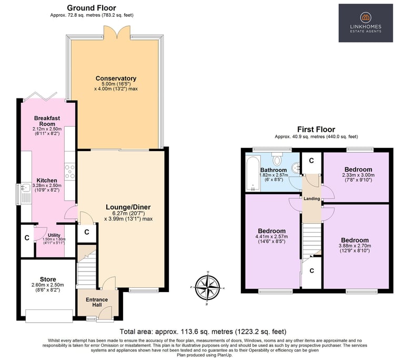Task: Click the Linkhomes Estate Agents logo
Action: (x=366, y=23)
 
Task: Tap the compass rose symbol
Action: (x=207, y=287)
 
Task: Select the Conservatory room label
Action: (x=116, y=78)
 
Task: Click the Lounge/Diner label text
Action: (x=128, y=207)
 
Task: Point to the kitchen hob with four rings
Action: (x=70, y=172)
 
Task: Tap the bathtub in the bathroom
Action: (x=252, y=173)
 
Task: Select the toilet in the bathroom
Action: (x=277, y=158)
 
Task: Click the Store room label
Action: (x=48, y=279)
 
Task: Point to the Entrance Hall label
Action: (x=97, y=302)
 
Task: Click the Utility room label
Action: (x=54, y=235)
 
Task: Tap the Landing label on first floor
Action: (x=312, y=198)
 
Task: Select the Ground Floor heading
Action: (x=92, y=8)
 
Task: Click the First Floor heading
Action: (x=316, y=129)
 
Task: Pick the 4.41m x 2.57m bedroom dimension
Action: (x=271, y=236)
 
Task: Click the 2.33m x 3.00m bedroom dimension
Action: (x=358, y=175)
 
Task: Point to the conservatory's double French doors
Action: (x=117, y=32)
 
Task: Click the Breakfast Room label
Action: (x=47, y=121)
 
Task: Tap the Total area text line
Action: (x=203, y=332)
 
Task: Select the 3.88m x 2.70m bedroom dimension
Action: (x=355, y=245)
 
